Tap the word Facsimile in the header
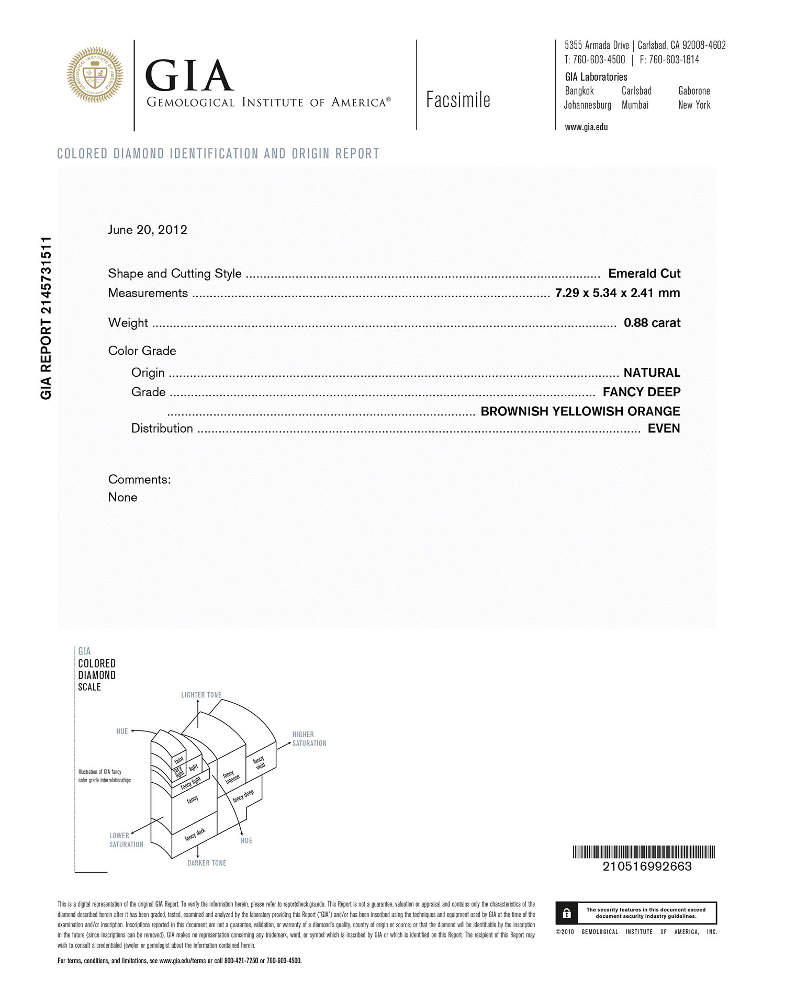(458, 99)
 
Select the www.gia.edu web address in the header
(586, 127)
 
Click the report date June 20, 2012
(148, 230)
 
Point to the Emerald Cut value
(644, 273)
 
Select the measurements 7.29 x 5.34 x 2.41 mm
(618, 292)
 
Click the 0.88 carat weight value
(652, 322)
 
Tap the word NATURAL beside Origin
(652, 373)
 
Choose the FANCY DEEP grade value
(642, 392)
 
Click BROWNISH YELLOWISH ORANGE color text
(580, 411)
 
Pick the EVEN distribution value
(664, 428)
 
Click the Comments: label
(139, 479)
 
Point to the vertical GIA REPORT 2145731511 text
(46, 318)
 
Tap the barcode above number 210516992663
(644, 852)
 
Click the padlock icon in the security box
(567, 913)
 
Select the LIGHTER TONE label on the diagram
(201, 695)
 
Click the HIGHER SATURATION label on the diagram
(309, 739)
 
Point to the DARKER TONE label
(207, 863)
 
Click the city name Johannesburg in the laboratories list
(587, 105)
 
